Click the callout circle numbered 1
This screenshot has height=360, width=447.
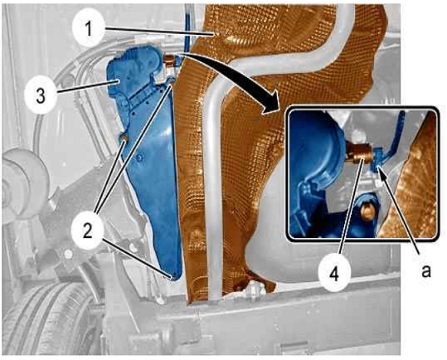point(89,29)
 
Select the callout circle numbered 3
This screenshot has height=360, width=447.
point(40,95)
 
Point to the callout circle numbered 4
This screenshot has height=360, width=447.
point(334,275)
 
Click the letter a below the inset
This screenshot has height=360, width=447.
point(426,270)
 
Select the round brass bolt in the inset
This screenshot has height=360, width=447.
point(367,212)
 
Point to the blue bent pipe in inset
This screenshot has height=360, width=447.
point(392,143)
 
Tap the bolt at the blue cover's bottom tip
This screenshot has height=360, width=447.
point(172,276)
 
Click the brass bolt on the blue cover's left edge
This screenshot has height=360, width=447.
point(124,139)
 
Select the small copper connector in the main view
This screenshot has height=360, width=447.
point(169,61)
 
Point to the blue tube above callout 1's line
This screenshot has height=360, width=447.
point(187,28)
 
